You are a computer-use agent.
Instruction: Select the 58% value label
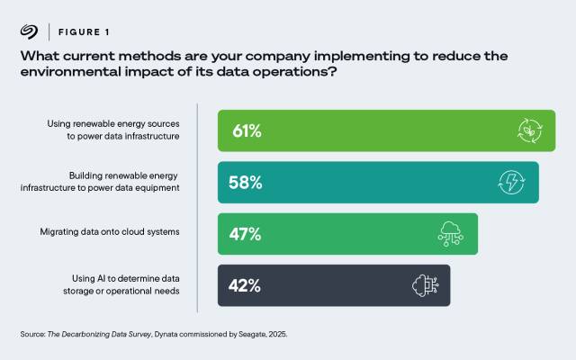click(246, 183)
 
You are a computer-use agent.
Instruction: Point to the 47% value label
click(245, 234)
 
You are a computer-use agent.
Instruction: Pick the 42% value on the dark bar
click(245, 285)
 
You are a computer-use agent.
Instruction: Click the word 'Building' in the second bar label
click(88, 175)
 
